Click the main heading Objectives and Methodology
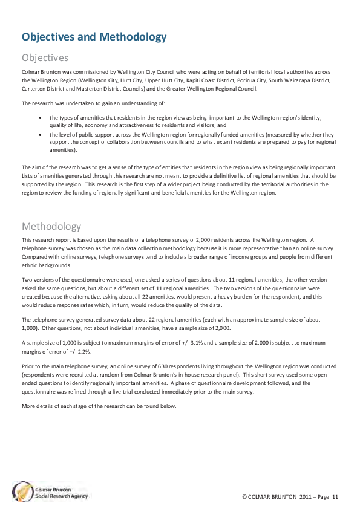point(94,37)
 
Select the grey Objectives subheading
point(45,58)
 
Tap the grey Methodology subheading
point(51,227)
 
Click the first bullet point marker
point(39,118)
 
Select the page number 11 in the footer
point(334,496)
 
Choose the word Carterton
point(34,88)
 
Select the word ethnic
point(30,264)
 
